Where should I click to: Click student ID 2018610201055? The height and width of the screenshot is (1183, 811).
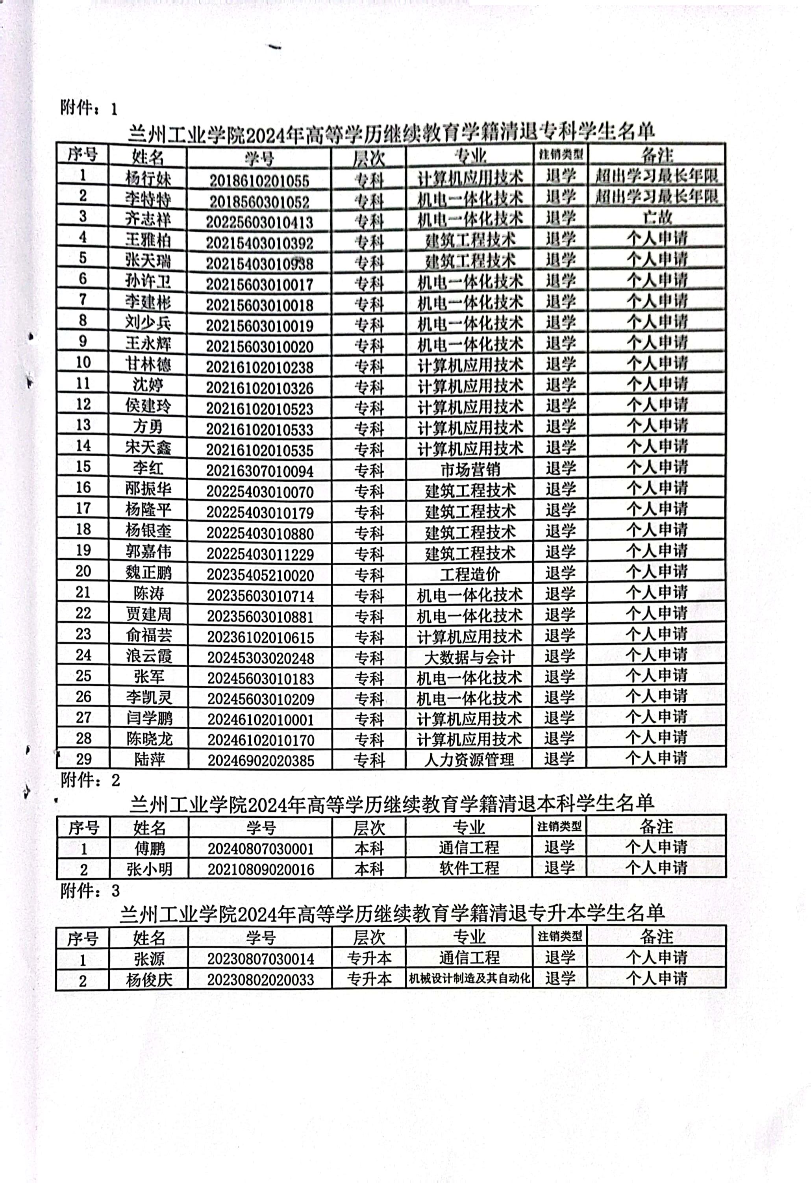(x=259, y=181)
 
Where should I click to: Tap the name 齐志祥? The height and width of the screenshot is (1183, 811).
(x=148, y=219)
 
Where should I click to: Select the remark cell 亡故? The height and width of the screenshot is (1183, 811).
(x=657, y=217)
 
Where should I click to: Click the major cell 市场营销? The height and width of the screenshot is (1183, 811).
(x=469, y=469)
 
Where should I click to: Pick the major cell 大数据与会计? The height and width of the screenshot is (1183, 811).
(x=469, y=657)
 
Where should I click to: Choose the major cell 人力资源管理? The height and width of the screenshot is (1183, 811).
(x=469, y=759)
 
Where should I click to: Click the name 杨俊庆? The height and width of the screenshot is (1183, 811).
(x=149, y=980)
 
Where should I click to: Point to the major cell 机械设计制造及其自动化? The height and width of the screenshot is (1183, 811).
(x=469, y=978)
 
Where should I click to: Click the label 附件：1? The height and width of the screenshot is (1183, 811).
(x=89, y=108)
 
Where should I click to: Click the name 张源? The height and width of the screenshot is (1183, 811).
(x=149, y=959)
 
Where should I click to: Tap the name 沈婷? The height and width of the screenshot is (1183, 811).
(x=148, y=385)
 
